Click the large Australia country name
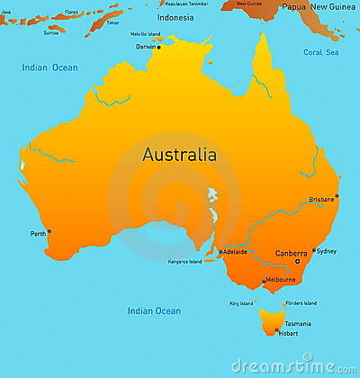click(x=179, y=154)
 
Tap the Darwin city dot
click(x=159, y=47)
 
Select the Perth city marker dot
click(x=49, y=231)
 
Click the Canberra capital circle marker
click(x=297, y=261)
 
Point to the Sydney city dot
click(x=313, y=250)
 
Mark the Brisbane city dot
click(x=337, y=195)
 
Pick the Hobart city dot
click(x=276, y=331)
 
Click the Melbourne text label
click(x=280, y=280)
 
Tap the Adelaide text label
click(x=235, y=253)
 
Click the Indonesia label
click(x=175, y=17)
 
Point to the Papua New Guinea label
click(x=319, y=7)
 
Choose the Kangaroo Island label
click(x=184, y=261)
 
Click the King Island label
click(x=240, y=302)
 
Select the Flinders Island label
click(x=298, y=302)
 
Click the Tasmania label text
click(x=298, y=323)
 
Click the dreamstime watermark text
click(x=294, y=365)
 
